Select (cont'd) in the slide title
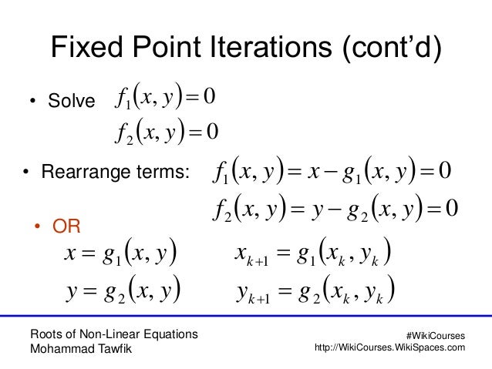[x=389, y=49]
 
